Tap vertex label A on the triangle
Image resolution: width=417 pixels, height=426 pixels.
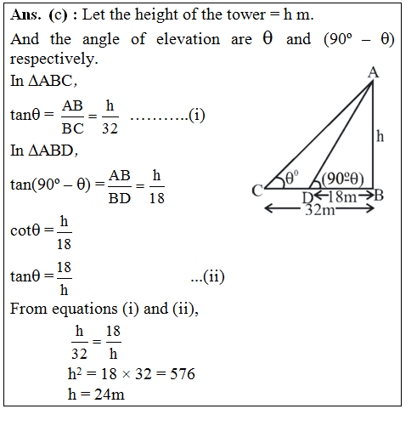click(372, 73)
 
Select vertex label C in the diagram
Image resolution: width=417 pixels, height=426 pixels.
click(257, 191)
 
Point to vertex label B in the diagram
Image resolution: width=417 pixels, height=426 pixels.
click(379, 196)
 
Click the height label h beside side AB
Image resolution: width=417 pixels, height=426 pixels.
click(380, 135)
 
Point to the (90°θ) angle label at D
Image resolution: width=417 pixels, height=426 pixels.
click(343, 179)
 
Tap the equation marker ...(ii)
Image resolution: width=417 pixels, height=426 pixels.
click(207, 275)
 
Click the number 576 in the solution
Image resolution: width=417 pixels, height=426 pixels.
click(182, 373)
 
